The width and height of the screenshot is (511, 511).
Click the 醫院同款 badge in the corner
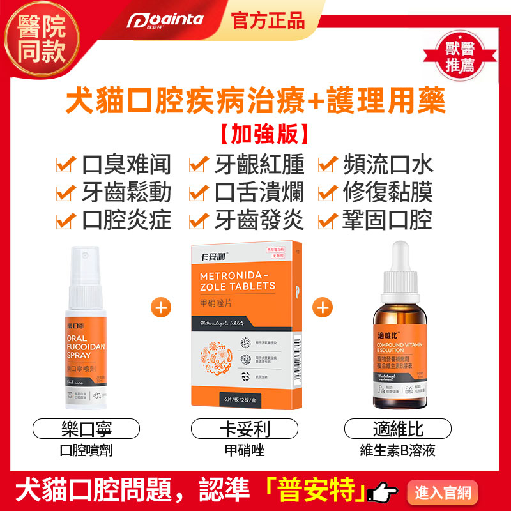36,38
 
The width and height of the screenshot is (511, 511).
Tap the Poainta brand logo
164,20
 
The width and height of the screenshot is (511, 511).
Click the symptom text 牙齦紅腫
259,165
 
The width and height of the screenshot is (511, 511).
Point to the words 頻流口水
388,165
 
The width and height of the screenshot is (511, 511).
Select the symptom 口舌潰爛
259,192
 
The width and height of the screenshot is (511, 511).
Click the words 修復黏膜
388,192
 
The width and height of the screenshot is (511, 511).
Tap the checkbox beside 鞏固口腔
328,221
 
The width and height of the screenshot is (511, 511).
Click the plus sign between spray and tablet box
160,307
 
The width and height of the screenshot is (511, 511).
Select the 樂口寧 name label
86,429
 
